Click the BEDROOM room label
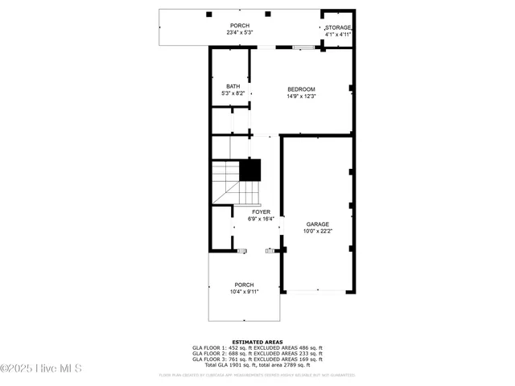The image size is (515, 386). point(301,89)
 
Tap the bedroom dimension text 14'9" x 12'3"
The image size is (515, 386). point(301,96)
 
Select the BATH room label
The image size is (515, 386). point(233,87)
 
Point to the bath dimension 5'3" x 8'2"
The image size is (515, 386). point(233,94)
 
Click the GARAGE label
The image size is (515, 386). point(317,224)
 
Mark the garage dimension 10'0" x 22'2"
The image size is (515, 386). point(317,232)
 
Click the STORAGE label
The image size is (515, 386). point(338,28)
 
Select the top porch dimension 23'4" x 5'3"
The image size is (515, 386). point(240,33)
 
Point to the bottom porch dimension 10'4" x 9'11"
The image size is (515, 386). point(244,292)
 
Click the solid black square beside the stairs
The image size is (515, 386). point(251,170)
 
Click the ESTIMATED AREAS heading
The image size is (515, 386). point(257,342)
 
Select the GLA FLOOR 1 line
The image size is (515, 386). point(257,348)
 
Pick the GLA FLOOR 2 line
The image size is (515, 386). point(257,355)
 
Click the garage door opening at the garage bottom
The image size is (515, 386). point(317,291)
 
